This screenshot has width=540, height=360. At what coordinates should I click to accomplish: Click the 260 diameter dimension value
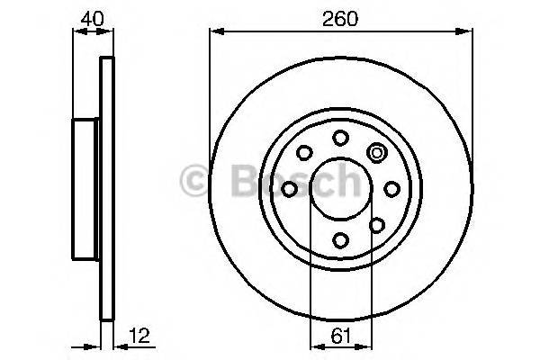pos(341,17)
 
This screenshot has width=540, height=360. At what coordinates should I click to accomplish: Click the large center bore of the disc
pos(340,189)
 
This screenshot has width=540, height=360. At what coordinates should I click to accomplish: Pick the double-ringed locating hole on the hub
pos(377,153)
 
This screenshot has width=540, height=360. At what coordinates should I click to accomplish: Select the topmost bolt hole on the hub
pos(340,138)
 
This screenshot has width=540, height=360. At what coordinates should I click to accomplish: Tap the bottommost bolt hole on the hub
pos(340,240)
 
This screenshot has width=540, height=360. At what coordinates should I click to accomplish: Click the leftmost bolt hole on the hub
pos(289,189)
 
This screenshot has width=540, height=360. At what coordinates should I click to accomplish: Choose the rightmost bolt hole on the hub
pos(391,189)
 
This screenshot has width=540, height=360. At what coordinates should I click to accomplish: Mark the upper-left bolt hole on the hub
pos(304,153)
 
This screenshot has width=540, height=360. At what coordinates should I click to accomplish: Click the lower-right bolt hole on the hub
pos(377,225)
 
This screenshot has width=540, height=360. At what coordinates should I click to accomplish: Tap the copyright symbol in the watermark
pos(195,180)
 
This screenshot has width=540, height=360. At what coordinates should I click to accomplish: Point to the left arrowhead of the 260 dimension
pos(214,31)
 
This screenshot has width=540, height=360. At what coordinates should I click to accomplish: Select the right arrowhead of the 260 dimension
pos(468,31)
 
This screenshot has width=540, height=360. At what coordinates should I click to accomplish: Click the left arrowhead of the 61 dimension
pos(314,346)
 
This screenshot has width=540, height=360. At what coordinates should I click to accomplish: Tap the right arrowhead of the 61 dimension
pos(366,346)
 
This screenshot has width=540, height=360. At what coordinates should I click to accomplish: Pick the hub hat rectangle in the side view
pos(85,189)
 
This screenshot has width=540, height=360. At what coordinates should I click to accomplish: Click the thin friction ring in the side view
pos(107,189)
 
